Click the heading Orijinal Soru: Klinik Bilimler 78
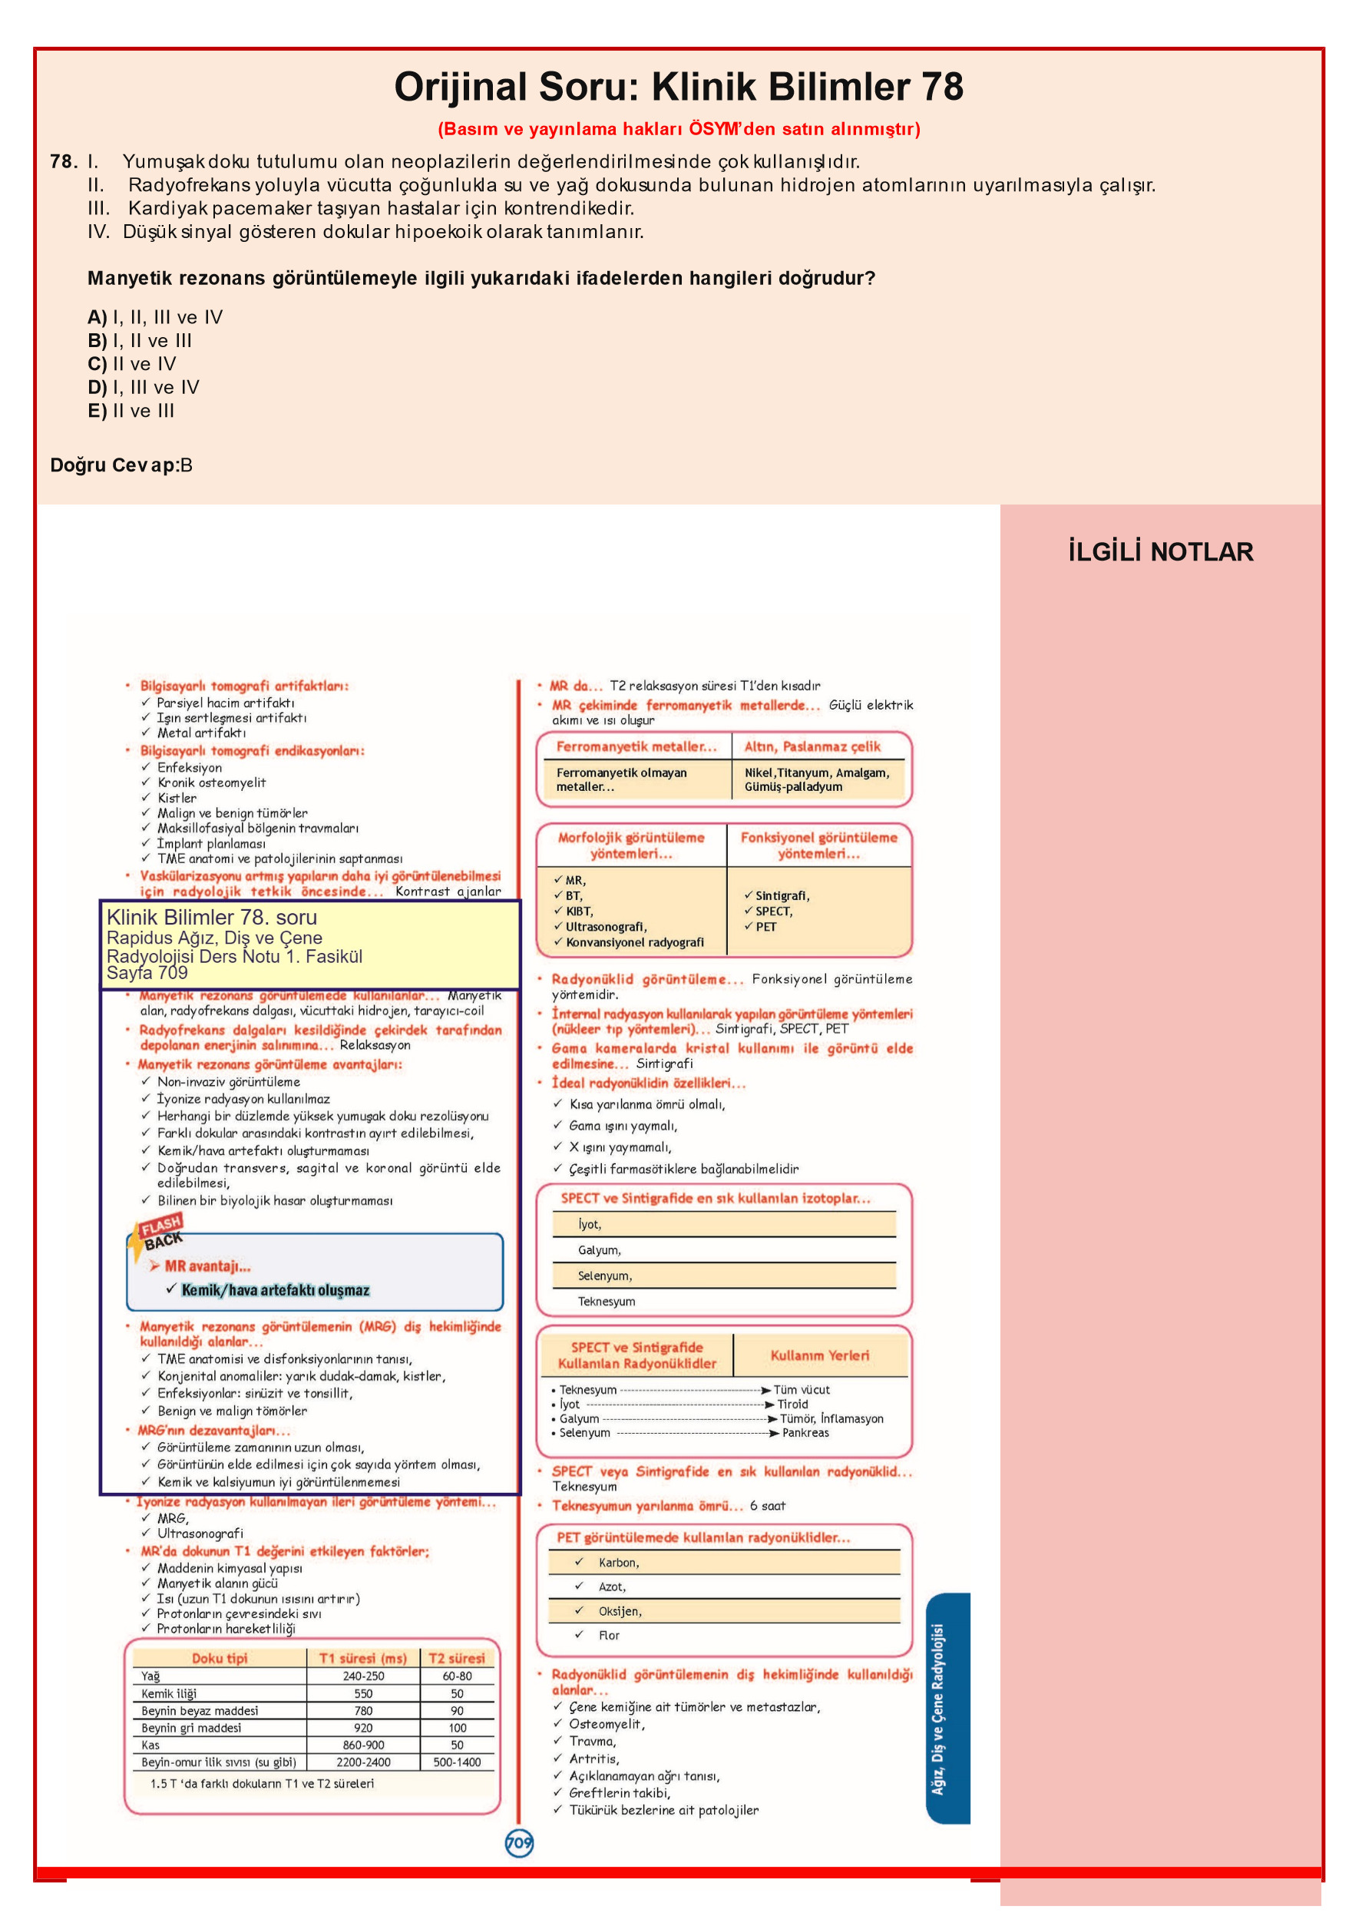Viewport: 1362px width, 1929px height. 678,87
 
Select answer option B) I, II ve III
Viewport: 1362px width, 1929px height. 140,340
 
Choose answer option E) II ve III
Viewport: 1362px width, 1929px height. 131,411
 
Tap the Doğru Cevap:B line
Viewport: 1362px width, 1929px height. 121,465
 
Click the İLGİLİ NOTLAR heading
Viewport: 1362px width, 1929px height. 1159,552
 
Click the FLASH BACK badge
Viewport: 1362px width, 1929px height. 159,1232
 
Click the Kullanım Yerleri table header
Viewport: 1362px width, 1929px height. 819,1355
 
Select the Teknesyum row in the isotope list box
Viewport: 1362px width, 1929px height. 606,1302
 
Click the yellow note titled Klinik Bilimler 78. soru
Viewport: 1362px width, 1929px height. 309,944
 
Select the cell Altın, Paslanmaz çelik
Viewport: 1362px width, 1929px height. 812,746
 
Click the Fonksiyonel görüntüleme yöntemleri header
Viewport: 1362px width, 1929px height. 818,845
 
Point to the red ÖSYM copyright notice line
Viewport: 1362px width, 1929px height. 678,128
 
